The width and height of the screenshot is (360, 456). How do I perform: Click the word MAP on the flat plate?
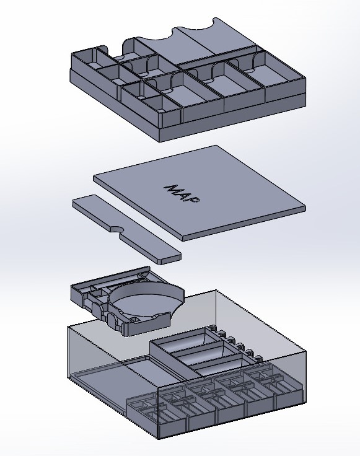pyautogui.click(x=182, y=194)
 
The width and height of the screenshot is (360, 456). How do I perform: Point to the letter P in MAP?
pyautogui.click(x=195, y=200)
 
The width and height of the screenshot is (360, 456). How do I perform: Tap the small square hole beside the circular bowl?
pyautogui.click(x=135, y=320)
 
